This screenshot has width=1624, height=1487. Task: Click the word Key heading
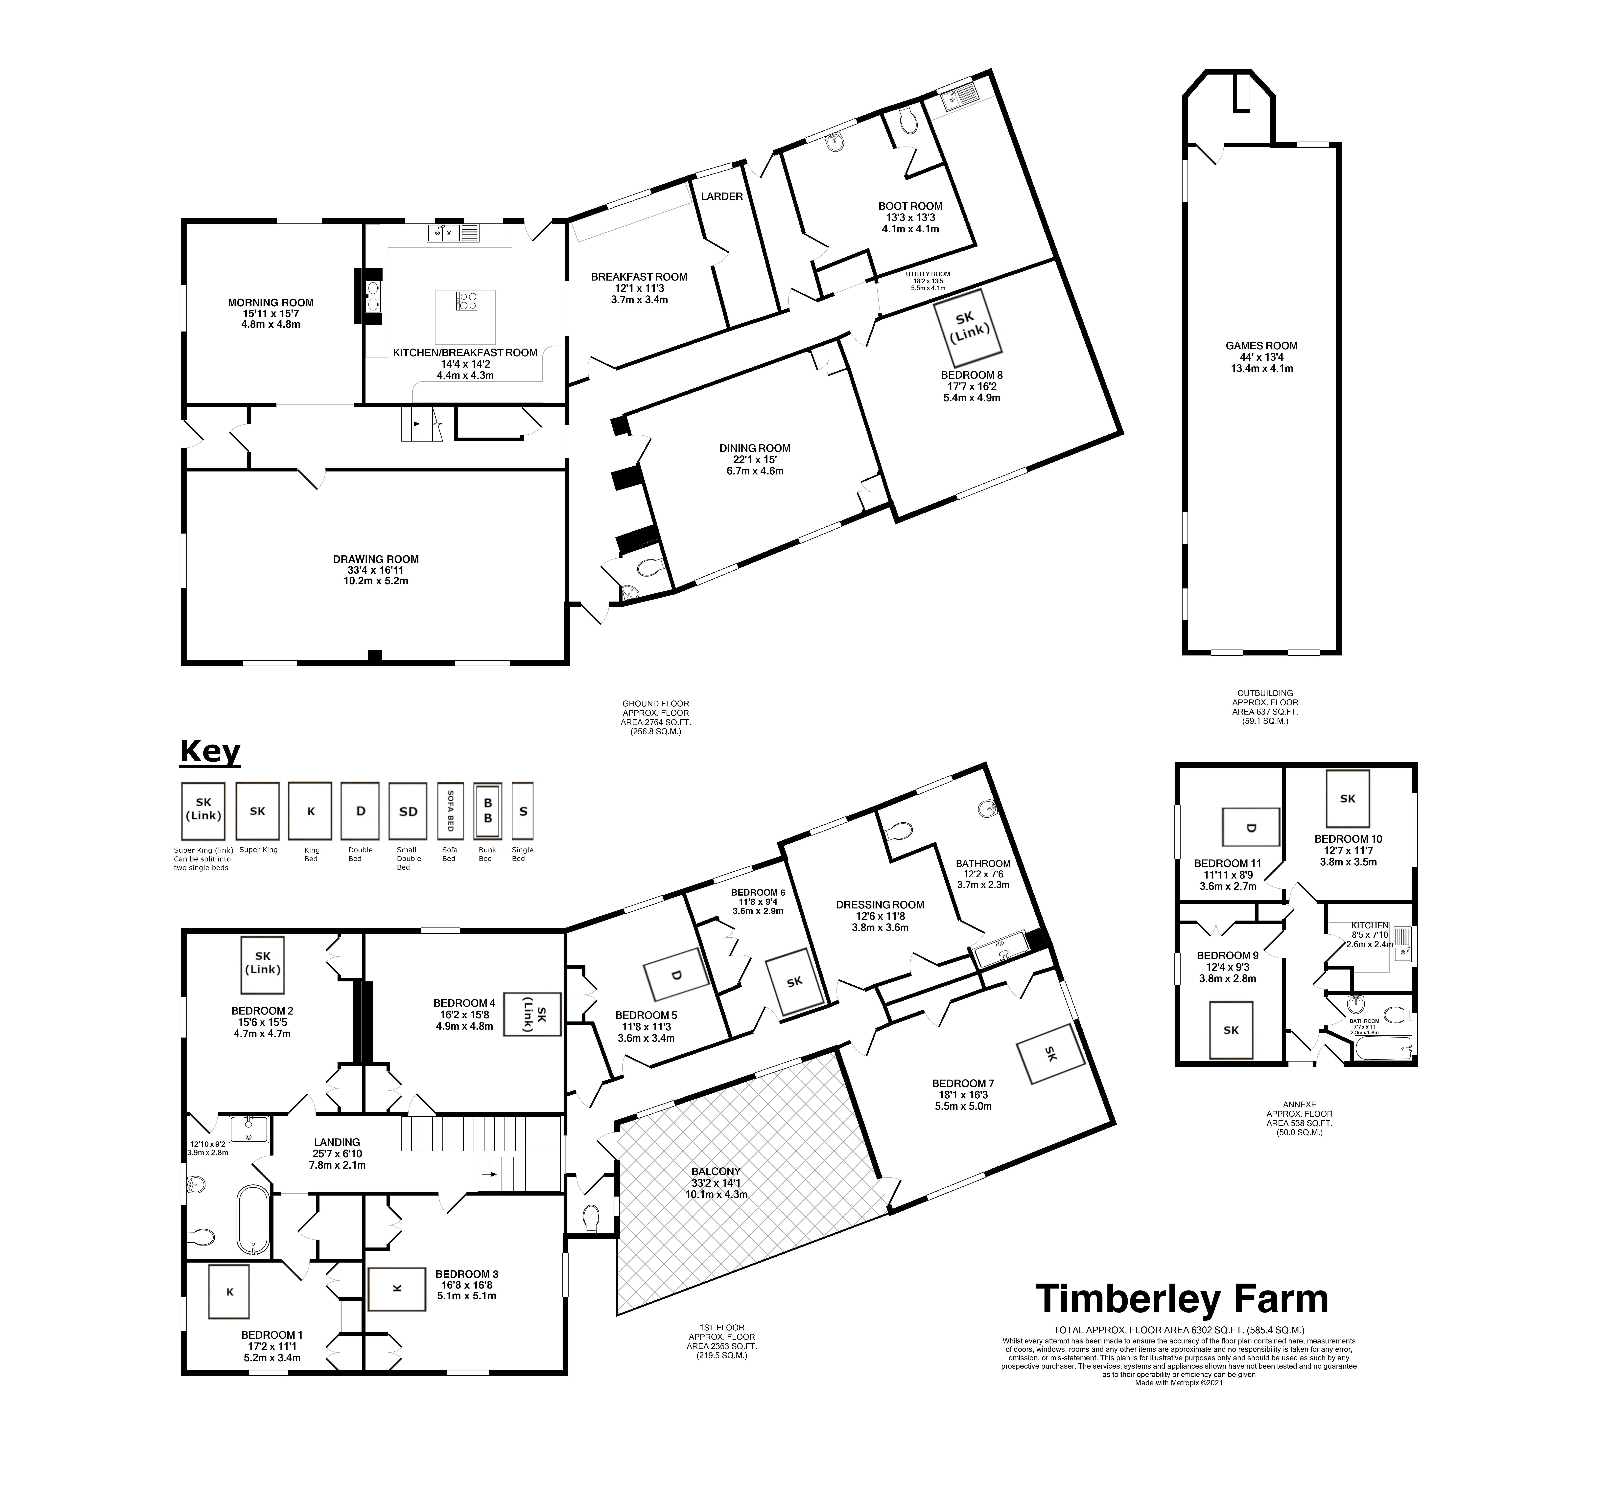pos(209,752)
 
